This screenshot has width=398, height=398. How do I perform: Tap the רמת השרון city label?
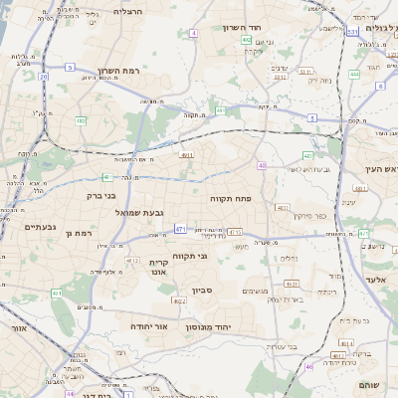(x=122, y=72)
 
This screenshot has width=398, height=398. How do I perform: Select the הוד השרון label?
(x=268, y=28)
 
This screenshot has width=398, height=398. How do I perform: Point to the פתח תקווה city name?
(x=233, y=199)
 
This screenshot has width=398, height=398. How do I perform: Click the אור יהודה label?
(x=148, y=325)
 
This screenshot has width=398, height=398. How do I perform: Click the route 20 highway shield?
(x=44, y=76)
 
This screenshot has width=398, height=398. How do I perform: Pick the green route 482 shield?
(x=81, y=120)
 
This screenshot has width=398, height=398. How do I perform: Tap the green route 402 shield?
(x=246, y=41)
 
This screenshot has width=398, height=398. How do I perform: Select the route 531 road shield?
(x=352, y=32)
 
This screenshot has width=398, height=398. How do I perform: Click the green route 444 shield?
(x=354, y=74)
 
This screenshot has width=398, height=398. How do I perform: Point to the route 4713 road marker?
(x=235, y=232)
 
